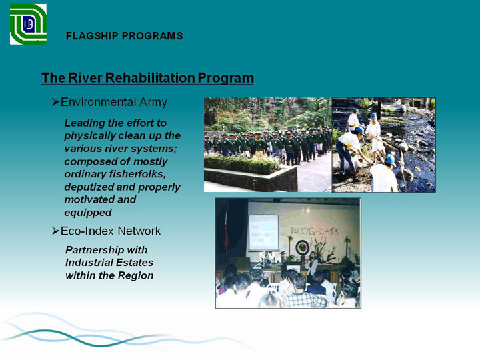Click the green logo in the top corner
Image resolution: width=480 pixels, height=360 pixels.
(x=28, y=24)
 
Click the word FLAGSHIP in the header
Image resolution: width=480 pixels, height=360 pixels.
(x=92, y=36)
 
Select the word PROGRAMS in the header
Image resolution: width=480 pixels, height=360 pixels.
(x=152, y=36)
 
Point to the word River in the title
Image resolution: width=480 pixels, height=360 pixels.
(x=85, y=77)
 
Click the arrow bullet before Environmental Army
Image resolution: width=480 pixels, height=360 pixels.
(x=55, y=101)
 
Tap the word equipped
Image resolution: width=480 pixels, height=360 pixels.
(x=88, y=213)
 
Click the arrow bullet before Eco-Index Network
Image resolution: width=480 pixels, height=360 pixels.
(x=55, y=231)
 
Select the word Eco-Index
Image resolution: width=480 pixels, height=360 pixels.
(x=87, y=231)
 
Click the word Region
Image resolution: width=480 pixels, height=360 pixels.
(x=135, y=275)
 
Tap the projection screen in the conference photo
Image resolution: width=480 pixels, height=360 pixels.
(x=263, y=233)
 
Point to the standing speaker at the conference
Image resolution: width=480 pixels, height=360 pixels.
(x=312, y=265)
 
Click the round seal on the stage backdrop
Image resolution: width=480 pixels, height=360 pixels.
(x=302, y=247)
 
